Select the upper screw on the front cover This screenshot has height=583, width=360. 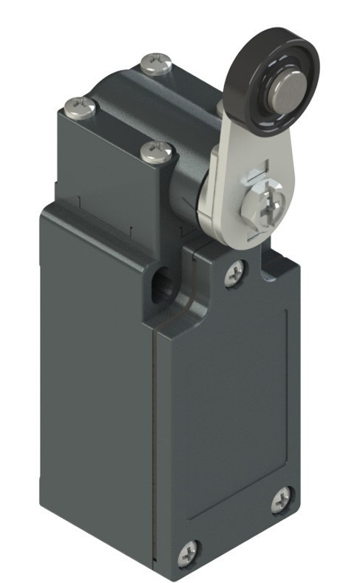click(x=236, y=273)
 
